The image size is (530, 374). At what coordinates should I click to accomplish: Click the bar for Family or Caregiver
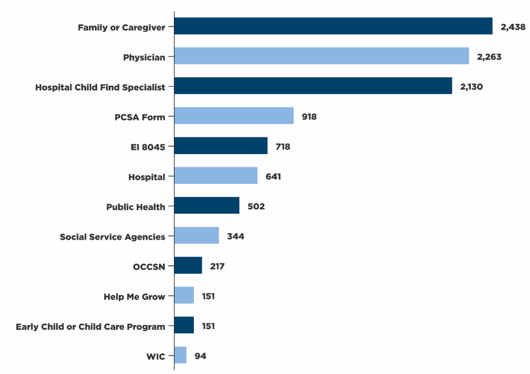tap(333, 26)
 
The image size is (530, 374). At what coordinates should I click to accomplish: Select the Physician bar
tap(322, 56)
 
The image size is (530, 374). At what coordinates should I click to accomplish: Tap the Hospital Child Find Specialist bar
tap(313, 86)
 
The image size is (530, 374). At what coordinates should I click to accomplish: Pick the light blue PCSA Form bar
tap(234, 116)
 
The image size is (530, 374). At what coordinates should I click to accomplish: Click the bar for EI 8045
tap(221, 146)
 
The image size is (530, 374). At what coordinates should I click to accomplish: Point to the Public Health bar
tap(207, 205)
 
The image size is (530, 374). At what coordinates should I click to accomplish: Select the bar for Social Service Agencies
tap(197, 235)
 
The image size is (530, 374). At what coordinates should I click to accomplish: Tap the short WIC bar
tap(180, 355)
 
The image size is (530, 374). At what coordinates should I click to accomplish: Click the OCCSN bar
tap(188, 265)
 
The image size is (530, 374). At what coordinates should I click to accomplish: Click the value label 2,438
tap(513, 27)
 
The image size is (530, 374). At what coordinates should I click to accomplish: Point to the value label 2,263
tap(489, 57)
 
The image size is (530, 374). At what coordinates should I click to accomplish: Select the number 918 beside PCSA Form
tap(309, 117)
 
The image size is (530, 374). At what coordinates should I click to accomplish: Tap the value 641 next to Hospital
tap(273, 177)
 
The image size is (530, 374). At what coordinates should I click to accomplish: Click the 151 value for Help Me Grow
tap(208, 296)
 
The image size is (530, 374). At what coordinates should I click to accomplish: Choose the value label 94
tap(200, 356)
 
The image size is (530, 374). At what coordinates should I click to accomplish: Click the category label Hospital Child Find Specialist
tap(100, 87)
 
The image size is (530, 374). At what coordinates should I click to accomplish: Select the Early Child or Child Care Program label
tap(91, 327)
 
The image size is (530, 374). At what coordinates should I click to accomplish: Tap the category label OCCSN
tap(149, 267)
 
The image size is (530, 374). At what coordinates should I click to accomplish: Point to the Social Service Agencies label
tap(113, 237)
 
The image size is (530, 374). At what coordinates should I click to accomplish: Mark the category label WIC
tap(155, 356)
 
